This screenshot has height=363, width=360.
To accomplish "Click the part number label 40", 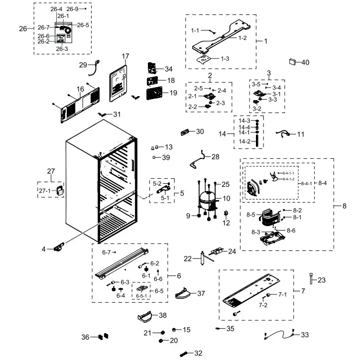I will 305,62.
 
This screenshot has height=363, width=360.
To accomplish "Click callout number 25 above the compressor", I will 225,184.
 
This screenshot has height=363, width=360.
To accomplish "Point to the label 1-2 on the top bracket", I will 242,38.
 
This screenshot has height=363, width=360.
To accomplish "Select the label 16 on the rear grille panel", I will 80,89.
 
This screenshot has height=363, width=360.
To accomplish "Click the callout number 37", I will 201,293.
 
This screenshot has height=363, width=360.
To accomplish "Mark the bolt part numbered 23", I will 311,275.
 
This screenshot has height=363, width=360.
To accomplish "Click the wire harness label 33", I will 305,335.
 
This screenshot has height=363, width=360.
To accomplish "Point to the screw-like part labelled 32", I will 184,354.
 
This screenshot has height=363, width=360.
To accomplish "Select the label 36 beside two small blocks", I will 85,337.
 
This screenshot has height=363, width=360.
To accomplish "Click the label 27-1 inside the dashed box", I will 45,191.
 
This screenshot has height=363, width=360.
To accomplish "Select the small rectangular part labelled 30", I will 185,132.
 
